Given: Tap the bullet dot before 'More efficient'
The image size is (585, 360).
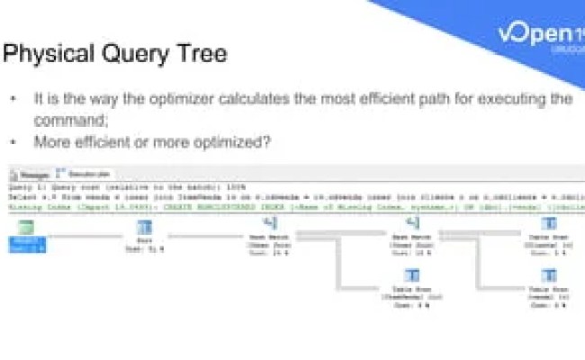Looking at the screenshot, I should click(13, 141).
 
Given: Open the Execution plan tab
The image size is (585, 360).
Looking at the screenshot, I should click(79, 174).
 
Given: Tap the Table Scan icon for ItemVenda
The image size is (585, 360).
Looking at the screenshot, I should click(410, 275).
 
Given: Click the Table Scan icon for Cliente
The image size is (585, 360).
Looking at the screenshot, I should click(548, 223).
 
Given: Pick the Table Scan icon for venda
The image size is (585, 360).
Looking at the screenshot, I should click(548, 275).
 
